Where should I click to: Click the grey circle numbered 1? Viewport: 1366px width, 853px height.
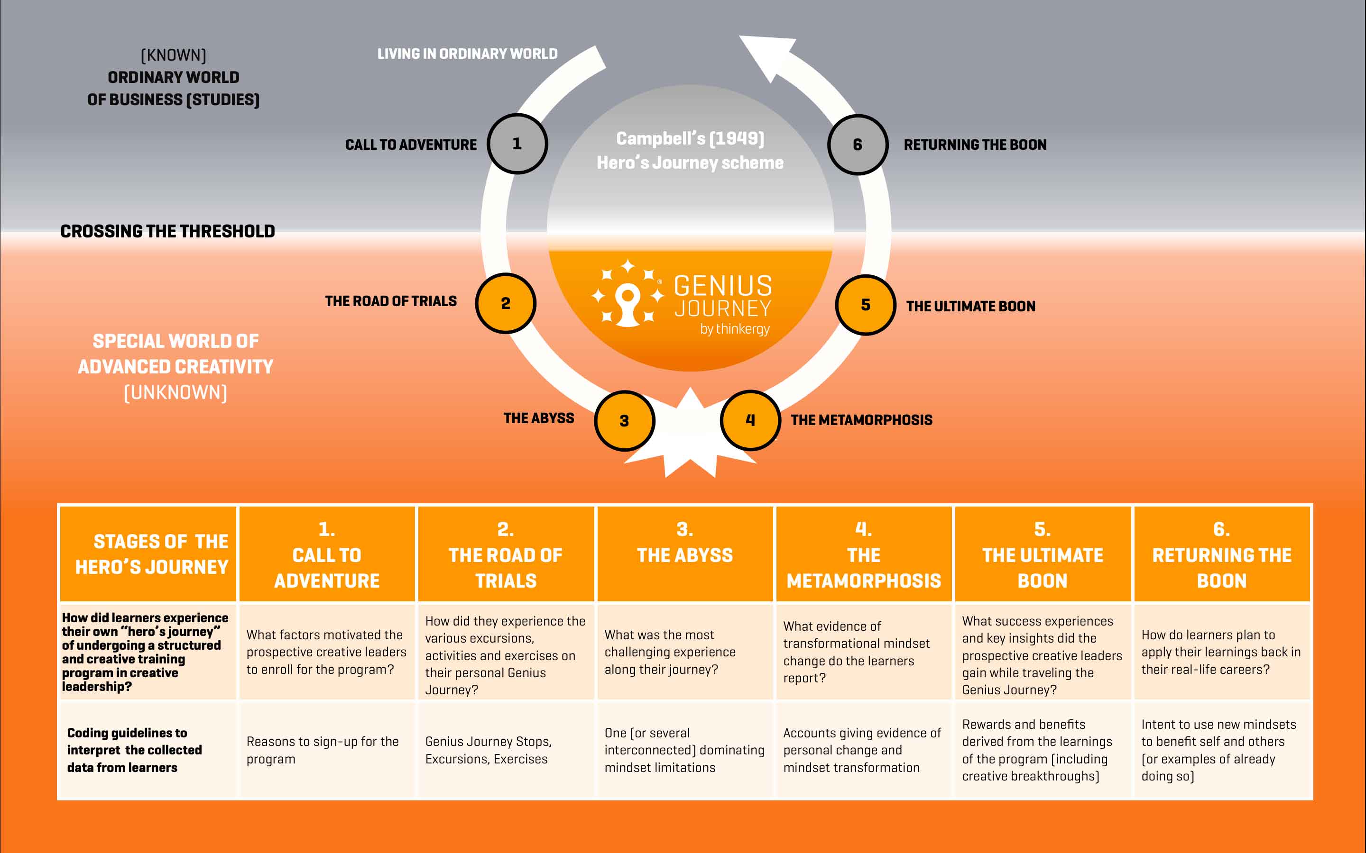517,144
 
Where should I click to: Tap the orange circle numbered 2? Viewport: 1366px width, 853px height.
506,303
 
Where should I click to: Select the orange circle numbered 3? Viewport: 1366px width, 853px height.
624,421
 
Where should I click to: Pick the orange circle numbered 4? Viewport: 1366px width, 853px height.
750,420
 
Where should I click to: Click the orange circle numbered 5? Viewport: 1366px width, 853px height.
865,305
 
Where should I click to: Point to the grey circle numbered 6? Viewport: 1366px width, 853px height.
858,145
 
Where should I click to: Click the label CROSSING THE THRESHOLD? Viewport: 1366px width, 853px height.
167,231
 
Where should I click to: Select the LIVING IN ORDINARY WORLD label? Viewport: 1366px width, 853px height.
467,54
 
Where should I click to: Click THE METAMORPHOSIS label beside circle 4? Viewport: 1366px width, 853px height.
861,420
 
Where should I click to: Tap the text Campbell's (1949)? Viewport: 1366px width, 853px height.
690,138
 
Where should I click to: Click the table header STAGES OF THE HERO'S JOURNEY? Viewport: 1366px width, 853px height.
151,554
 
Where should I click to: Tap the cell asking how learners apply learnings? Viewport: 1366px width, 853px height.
1220,652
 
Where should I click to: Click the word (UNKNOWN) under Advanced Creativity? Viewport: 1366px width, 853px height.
175,393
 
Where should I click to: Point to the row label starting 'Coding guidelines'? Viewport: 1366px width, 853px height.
134,750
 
